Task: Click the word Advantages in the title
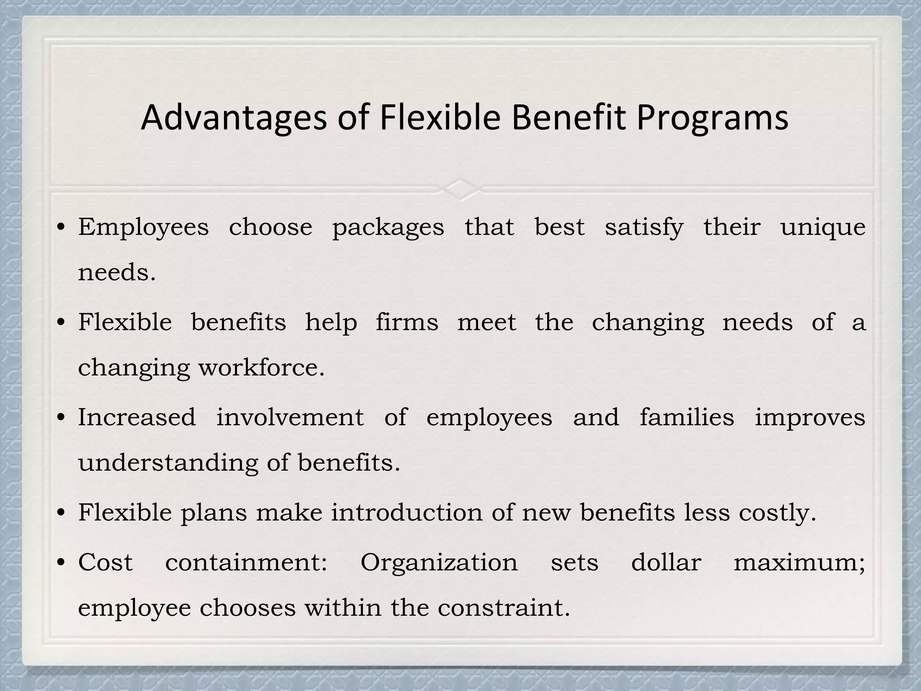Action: (233, 118)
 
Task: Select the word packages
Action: (388, 228)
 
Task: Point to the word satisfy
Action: (644, 228)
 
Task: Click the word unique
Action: (823, 228)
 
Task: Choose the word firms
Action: (407, 323)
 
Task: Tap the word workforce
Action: (261, 368)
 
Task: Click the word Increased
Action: (137, 417)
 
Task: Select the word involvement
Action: (290, 417)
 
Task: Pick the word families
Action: (687, 417)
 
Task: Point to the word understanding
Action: (168, 462)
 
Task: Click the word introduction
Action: (407, 512)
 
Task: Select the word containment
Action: (246, 562)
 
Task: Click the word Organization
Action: (439, 563)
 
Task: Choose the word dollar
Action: (666, 562)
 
